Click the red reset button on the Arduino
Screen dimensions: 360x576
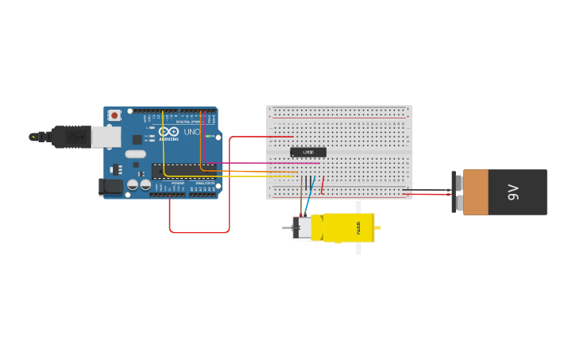click(114, 115)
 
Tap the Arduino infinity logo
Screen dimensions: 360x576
click(168, 132)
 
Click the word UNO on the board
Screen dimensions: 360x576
click(191, 132)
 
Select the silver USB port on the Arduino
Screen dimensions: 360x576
click(106, 137)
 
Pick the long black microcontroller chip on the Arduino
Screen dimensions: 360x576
click(183, 170)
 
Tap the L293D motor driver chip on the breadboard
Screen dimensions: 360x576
click(307, 152)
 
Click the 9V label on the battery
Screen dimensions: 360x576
click(513, 192)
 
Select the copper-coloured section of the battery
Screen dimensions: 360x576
click(476, 192)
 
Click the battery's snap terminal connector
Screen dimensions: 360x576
click(455, 192)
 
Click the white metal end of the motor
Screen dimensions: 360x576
click(303, 228)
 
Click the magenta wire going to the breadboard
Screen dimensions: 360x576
click(262, 163)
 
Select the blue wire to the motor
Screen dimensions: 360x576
click(309, 199)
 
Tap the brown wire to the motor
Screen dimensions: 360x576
click(301, 203)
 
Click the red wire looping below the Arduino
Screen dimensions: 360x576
click(199, 232)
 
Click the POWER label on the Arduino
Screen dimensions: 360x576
click(177, 183)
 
